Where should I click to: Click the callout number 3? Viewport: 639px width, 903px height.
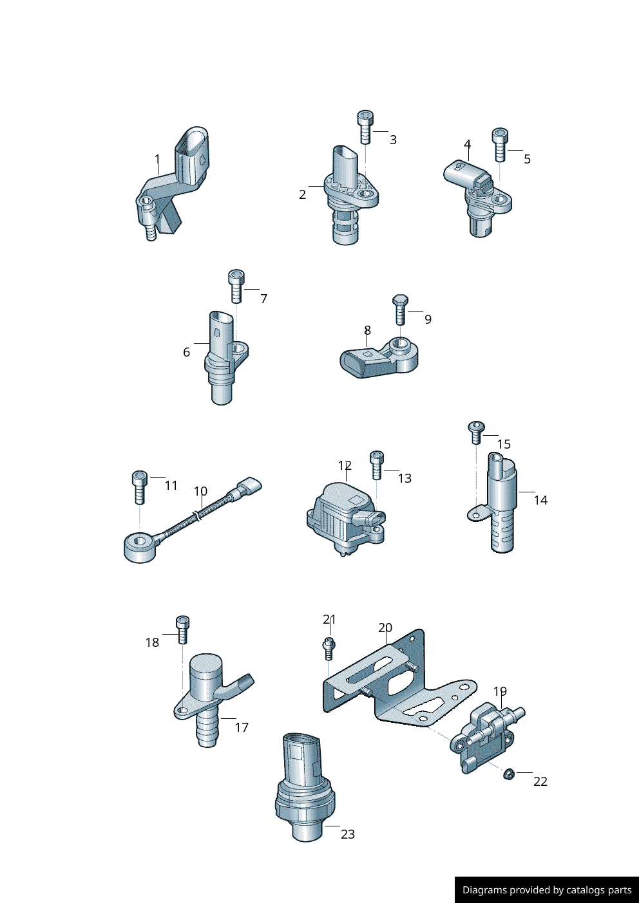coord(393,140)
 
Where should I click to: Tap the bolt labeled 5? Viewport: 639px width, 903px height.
coord(500,145)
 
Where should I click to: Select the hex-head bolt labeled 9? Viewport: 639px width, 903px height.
coord(400,310)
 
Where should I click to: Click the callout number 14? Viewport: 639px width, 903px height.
coord(540,500)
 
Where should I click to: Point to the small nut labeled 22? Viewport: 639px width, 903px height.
coord(509,774)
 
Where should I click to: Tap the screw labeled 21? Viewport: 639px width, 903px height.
coord(329,648)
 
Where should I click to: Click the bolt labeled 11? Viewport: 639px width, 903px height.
coord(140,487)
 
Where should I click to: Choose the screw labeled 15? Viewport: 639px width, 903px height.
coord(477,433)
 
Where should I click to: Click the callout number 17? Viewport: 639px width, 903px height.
coord(242,727)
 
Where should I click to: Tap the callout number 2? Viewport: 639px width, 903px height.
coord(303,194)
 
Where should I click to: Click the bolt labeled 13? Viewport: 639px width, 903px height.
coord(377,465)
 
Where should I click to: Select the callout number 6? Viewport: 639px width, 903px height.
coord(186,352)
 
